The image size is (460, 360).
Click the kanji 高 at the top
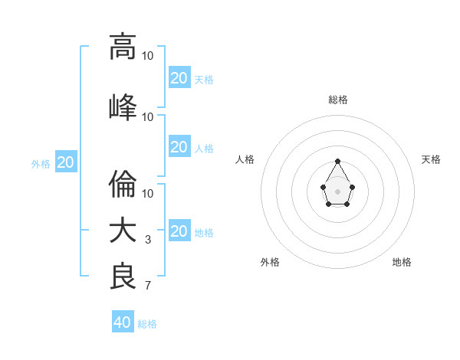coord(123,46)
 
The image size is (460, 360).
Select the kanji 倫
coord(123,184)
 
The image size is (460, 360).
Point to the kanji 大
coord(123,231)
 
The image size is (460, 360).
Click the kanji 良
coord(123,277)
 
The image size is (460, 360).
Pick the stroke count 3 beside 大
coord(148,240)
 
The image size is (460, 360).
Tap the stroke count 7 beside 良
coord(148,286)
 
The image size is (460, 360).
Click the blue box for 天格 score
coord(179,77)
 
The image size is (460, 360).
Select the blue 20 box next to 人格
coord(179,147)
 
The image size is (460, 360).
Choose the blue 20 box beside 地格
coord(179,231)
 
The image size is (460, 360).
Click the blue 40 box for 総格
coord(122,322)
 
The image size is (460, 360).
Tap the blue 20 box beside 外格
coord(65,162)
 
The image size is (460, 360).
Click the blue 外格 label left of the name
coord(41,163)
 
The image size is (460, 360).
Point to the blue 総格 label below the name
coord(147,324)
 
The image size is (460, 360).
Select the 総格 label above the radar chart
coord(337,100)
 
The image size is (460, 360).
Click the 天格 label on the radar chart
coord(431,159)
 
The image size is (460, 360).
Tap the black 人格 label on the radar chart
coord(245,159)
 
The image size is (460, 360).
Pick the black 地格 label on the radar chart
coord(402,262)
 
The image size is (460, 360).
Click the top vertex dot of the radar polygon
coord(338,161)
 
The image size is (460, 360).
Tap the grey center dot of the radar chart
coord(338,190)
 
